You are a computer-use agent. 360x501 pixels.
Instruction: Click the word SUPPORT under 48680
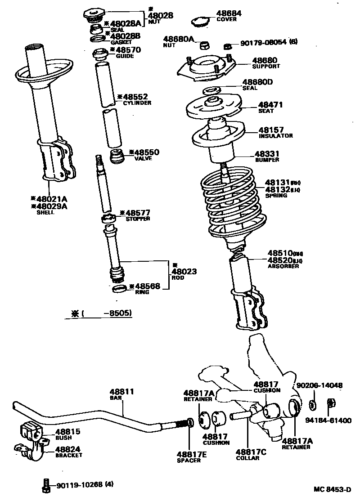tap(266, 67)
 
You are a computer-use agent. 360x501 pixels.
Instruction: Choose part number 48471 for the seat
tap(270, 105)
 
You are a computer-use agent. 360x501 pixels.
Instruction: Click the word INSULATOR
tap(275, 136)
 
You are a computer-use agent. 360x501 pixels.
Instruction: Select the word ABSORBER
tap(283, 266)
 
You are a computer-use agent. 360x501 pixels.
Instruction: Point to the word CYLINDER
tap(137, 103)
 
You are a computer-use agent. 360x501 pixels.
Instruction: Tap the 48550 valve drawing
tap(117, 157)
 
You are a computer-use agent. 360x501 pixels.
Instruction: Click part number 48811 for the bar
tap(122, 392)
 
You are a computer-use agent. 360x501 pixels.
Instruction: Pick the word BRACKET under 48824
tap(68, 455)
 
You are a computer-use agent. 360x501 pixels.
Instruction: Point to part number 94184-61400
tap(328, 420)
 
